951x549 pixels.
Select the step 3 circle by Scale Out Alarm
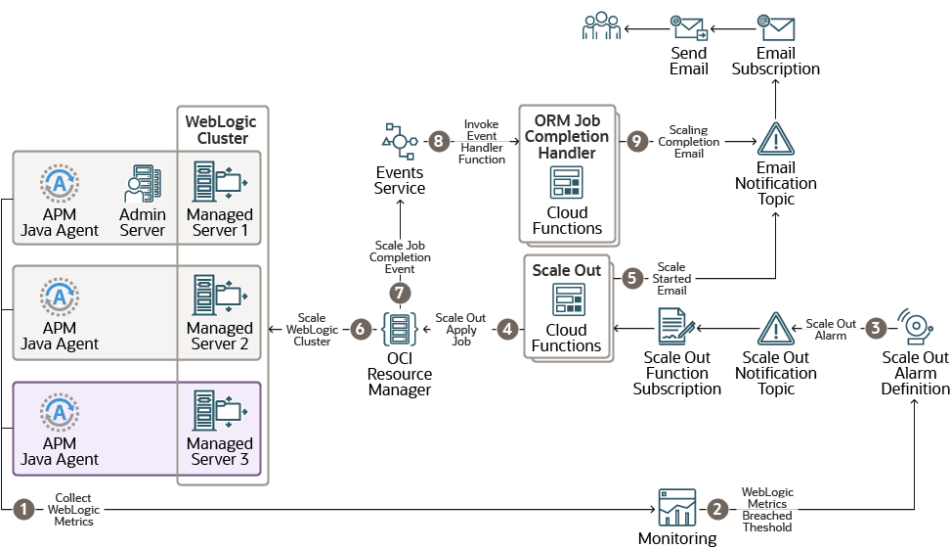coord(876,329)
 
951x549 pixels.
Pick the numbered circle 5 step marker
coord(631,278)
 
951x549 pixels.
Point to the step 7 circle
coord(399,293)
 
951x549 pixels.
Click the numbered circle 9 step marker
coord(637,141)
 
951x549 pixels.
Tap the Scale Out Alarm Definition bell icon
coord(916,329)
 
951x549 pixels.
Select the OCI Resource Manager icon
coord(399,330)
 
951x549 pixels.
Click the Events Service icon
coord(399,142)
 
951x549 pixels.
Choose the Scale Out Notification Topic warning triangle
coord(775,330)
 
